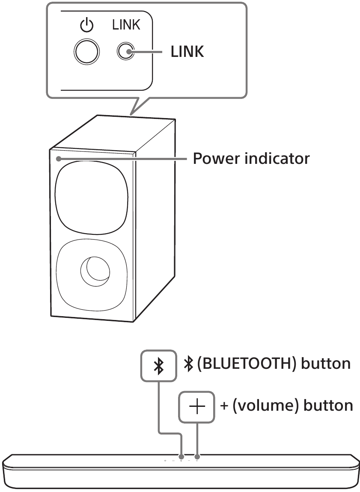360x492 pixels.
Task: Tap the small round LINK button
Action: pyautogui.click(x=126, y=52)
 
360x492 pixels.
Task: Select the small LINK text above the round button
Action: pyautogui.click(x=126, y=25)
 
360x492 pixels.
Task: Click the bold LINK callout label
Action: pyautogui.click(x=187, y=52)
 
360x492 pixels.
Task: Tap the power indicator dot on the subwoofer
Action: pyautogui.click(x=57, y=159)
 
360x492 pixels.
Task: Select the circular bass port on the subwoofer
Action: pyautogui.click(x=95, y=271)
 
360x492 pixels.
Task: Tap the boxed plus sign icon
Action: pyautogui.click(x=196, y=407)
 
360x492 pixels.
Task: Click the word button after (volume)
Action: pyautogui.click(x=328, y=405)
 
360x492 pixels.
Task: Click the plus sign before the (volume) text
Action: pyautogui.click(x=223, y=405)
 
